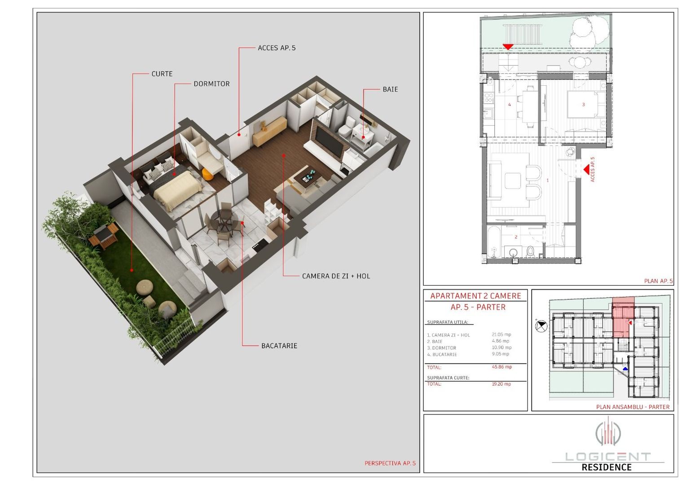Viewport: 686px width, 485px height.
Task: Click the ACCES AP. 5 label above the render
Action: pyautogui.click(x=277, y=48)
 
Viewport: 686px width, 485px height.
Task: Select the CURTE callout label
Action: pyautogui.click(x=162, y=74)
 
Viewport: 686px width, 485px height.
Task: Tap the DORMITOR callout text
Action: pyautogui.click(x=211, y=84)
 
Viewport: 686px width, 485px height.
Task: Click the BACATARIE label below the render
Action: pyautogui.click(x=279, y=346)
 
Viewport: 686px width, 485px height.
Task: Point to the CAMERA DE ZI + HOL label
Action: pyautogui.click(x=336, y=276)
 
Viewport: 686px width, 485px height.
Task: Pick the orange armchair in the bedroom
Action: pyautogui.click(x=207, y=174)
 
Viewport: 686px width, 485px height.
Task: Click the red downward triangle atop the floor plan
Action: pyautogui.click(x=508, y=47)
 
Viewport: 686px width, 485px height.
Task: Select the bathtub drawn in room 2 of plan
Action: pyautogui.click(x=494, y=242)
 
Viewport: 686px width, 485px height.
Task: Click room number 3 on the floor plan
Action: pyautogui.click(x=583, y=105)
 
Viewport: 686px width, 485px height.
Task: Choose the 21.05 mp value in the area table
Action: pyautogui.click(x=501, y=335)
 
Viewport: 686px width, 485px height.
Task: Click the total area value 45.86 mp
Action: pyautogui.click(x=501, y=367)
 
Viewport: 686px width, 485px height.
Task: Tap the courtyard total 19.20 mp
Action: pyautogui.click(x=501, y=384)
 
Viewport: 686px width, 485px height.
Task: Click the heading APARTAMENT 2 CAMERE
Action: pyautogui.click(x=475, y=296)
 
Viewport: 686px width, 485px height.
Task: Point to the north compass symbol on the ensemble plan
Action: pyautogui.click(x=541, y=326)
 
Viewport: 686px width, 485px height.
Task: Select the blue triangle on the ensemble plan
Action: pyautogui.click(x=625, y=369)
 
